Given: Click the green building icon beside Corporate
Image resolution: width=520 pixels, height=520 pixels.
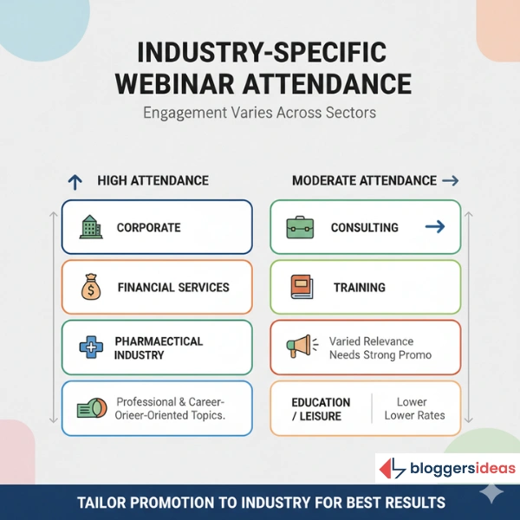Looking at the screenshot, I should pos(90,227).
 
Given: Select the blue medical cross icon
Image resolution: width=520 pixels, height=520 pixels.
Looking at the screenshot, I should pos(90,348).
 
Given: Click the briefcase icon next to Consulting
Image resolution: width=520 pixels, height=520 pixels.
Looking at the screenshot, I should pos(300,227).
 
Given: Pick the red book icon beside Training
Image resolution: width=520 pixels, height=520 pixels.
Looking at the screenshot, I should pos(301,287).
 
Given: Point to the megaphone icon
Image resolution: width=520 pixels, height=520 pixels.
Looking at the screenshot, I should pos(300,348).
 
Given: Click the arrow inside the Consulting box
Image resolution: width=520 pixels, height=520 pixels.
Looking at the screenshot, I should pos(435,227).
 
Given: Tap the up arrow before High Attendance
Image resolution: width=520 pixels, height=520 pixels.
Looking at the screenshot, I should pos(75,181).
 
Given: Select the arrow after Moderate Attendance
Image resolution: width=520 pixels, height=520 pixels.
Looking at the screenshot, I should pos(450,181).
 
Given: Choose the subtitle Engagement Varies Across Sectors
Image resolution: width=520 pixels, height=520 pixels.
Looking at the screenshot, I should pos(259,113).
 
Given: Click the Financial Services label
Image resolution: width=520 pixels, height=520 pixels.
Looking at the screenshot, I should pos(173,287).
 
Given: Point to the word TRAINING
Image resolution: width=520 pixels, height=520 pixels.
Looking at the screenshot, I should pos(360,287).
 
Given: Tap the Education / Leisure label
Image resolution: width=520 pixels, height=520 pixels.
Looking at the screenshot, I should pos(321,409).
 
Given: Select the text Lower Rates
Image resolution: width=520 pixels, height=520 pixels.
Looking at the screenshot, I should pos(414,415).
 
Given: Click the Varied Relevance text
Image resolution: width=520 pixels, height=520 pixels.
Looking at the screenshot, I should pos(371,341).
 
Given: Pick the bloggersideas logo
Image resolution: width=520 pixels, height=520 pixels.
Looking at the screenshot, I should pos(447,469).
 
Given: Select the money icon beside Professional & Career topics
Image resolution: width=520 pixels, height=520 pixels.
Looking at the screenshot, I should pos(91,408).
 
